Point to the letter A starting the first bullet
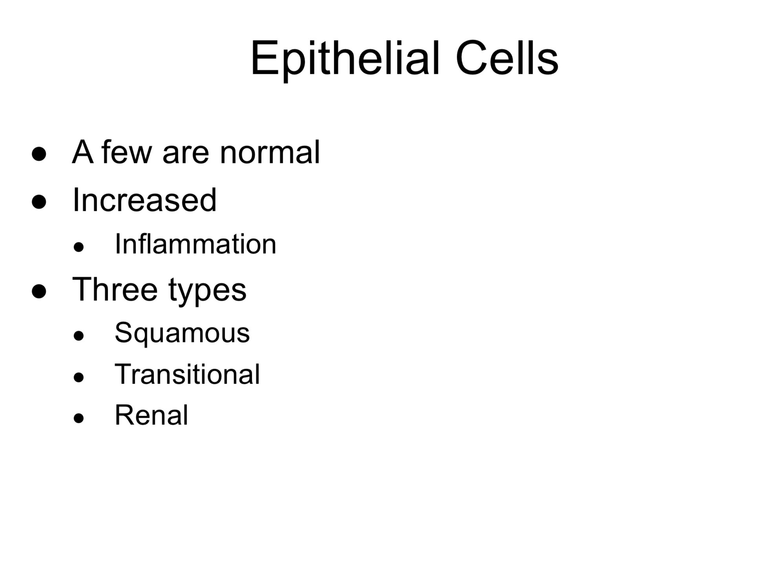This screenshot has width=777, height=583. [x=83, y=152]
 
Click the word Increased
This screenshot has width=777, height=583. [x=144, y=200]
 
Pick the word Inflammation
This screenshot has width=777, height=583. [x=196, y=244]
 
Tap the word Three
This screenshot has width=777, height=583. [x=115, y=289]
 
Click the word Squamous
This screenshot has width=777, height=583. [x=182, y=333]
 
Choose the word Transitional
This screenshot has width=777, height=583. [x=187, y=374]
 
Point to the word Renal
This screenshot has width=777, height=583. [x=151, y=415]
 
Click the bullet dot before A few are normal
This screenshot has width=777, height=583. [x=39, y=154]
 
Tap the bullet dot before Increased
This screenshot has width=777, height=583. [x=39, y=203]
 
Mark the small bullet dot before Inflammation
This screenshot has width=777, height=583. [x=79, y=247]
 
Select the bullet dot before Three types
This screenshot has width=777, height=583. [x=39, y=292]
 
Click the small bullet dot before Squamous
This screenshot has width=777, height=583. [x=79, y=336]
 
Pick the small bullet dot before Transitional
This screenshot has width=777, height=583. [x=79, y=377]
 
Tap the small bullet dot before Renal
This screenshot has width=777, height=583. [x=79, y=418]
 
